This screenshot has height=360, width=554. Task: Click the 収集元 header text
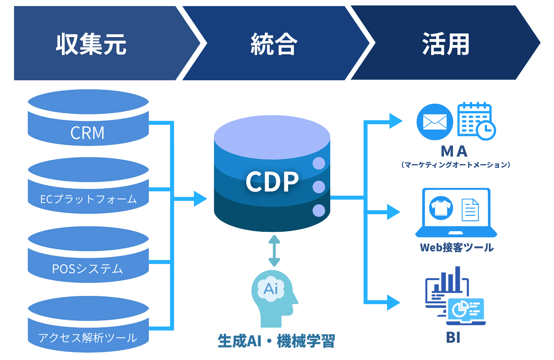coord(91,44)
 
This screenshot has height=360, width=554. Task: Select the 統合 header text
coord(274,44)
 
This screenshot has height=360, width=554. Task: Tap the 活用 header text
coord(446,44)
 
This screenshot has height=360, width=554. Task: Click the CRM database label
coord(87,133)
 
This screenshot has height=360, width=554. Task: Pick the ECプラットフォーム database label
coord(88,199)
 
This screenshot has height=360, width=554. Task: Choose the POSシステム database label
coord(87,269)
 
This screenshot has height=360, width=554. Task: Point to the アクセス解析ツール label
coord(88,338)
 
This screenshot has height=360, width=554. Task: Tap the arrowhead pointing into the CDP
coord(200,198)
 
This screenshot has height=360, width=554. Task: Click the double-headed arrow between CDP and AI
coord(274,251)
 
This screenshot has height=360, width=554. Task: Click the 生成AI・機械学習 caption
coord(276,341)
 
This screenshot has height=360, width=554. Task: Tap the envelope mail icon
coord(435,122)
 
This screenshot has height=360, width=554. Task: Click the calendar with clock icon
coord(476,121)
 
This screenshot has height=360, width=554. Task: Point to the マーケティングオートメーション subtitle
coord(455,165)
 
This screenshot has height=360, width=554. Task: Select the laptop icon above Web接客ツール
coord(456,212)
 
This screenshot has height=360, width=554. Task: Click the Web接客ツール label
coord(457,247)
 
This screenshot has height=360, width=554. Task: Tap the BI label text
coord(453,337)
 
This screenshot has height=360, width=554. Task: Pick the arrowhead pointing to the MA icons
coord(396,121)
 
